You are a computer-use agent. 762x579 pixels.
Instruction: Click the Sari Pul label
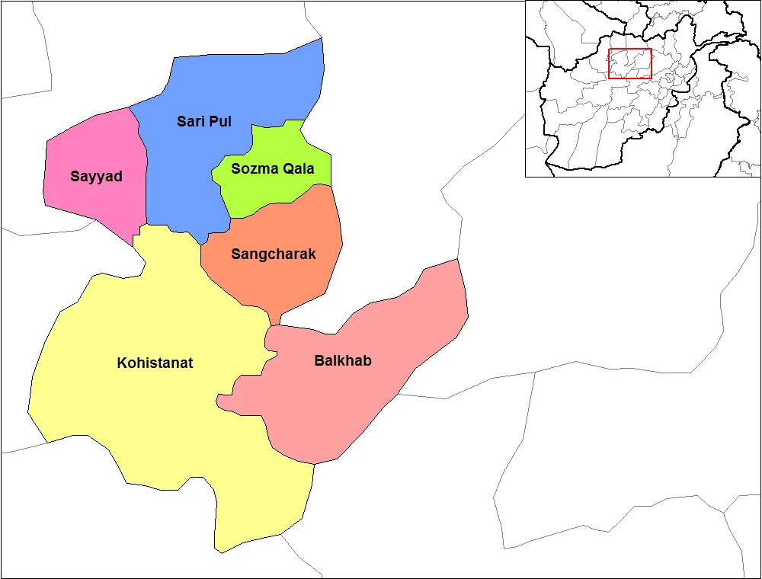(204, 121)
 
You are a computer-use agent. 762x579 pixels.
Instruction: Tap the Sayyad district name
(96, 177)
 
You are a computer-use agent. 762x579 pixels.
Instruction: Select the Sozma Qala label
(272, 169)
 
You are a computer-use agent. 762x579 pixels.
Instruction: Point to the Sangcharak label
(273, 254)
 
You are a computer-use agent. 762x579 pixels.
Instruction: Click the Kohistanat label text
(155, 363)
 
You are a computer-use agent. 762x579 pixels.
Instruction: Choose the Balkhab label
(343, 360)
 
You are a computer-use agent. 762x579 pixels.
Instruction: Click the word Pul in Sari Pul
(219, 121)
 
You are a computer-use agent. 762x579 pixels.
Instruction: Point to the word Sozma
(255, 169)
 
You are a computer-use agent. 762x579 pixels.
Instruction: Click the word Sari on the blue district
(190, 121)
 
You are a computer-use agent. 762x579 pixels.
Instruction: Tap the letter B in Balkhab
(319, 360)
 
